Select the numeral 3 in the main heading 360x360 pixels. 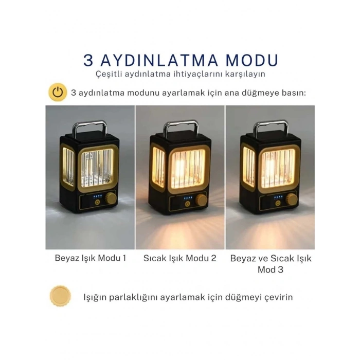coord(89,60)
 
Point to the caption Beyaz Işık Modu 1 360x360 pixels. coord(90,258)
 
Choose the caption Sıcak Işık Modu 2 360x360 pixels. coord(179,258)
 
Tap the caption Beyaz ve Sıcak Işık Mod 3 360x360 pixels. coord(270,263)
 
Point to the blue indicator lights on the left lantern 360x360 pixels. coord(96,196)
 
